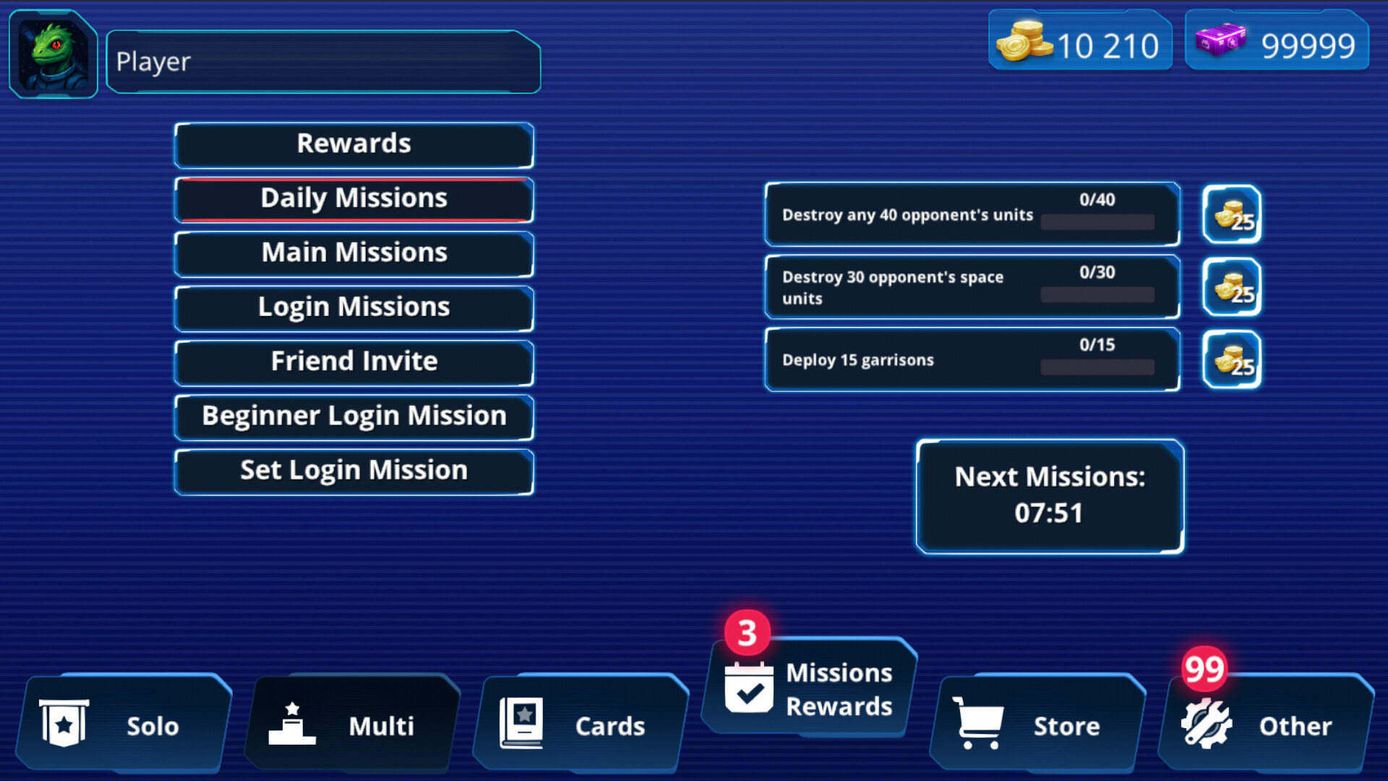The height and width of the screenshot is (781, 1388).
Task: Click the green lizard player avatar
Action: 53,55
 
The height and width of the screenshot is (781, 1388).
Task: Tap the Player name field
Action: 322,62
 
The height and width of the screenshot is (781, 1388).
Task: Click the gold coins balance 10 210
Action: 1080,45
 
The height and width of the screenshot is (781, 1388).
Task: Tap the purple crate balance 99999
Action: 1277,45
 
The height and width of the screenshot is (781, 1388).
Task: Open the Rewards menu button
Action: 354,144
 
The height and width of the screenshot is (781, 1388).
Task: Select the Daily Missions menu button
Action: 354,198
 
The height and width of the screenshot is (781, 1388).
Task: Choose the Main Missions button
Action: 354,252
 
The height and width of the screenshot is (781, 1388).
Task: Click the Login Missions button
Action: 354,307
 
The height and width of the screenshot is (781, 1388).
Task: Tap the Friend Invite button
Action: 354,361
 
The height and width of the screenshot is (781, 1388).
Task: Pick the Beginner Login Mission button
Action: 354,416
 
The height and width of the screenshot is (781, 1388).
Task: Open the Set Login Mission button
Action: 354,470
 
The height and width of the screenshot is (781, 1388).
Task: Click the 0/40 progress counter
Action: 1097,200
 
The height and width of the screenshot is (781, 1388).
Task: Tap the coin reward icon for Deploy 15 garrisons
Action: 1232,359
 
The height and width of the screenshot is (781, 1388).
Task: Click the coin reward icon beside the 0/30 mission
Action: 1232,287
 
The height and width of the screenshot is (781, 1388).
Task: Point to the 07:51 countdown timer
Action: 1049,513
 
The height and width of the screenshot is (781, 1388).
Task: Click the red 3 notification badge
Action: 747,633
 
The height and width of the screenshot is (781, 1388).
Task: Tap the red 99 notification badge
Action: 1204,669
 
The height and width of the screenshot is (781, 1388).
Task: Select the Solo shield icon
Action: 64,723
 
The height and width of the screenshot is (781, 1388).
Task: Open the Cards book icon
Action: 521,723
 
